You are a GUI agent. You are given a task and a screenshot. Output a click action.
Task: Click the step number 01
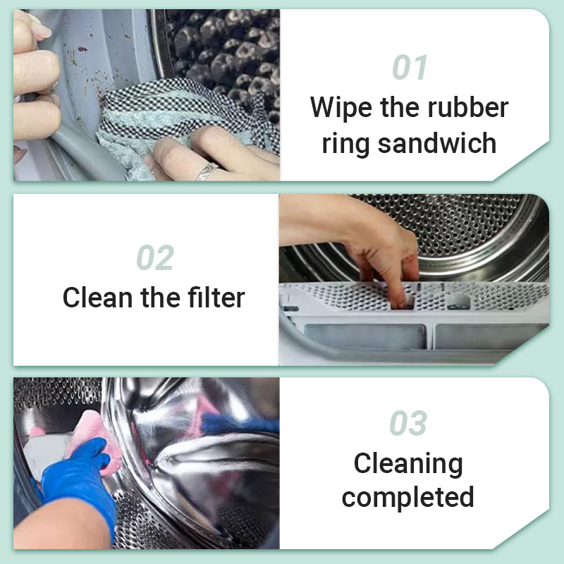pyautogui.click(x=410, y=67)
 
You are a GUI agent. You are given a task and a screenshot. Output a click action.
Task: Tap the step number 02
pyautogui.click(x=154, y=258)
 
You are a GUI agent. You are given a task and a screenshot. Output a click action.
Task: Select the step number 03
pyautogui.click(x=408, y=424)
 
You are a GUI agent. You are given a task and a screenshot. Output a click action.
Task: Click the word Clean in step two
pyautogui.click(x=99, y=298)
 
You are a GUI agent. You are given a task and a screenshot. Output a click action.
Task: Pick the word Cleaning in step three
pyautogui.click(x=408, y=464)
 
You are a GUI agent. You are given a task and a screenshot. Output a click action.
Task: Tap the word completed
pyautogui.click(x=408, y=498)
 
